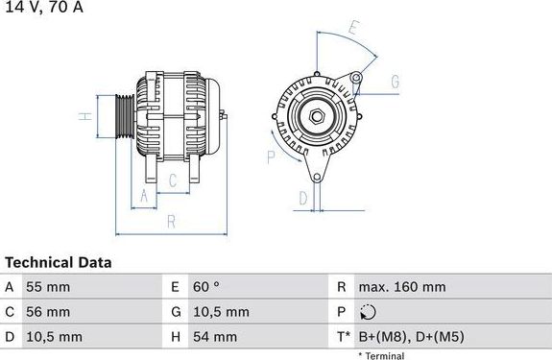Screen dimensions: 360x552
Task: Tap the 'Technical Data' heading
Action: (59, 261)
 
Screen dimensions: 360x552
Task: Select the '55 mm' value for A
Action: (49, 287)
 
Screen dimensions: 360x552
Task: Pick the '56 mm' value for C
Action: (49, 312)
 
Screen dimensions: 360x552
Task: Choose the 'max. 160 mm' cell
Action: (401, 287)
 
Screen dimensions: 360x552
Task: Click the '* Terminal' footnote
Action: (381, 355)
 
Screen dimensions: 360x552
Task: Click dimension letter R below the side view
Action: (169, 222)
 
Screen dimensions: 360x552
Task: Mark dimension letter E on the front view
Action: (352, 29)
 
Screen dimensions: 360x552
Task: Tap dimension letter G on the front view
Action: (394, 84)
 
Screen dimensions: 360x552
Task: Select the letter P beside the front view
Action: (271, 156)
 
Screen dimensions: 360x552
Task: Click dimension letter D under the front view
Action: (301, 199)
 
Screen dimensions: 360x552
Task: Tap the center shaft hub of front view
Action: (316, 117)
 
